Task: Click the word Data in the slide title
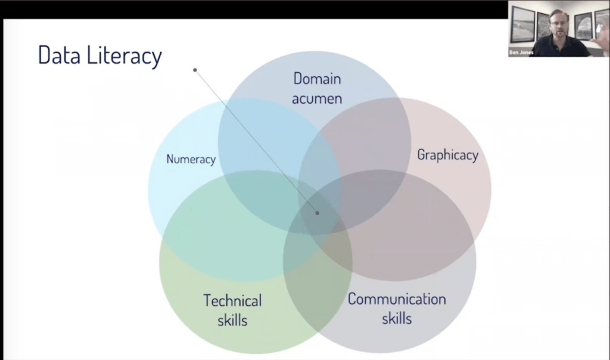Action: pyautogui.click(x=59, y=55)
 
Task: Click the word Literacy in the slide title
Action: pyautogui.click(x=124, y=57)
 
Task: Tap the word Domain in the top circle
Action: pyautogui.click(x=317, y=79)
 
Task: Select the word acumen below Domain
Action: pyautogui.click(x=317, y=98)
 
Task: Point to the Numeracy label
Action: pyautogui.click(x=191, y=159)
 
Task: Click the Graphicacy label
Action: pyautogui.click(x=448, y=155)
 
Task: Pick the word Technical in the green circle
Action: pyautogui.click(x=233, y=301)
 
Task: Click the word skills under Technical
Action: pyautogui.click(x=233, y=320)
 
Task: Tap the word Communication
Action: pyautogui.click(x=397, y=299)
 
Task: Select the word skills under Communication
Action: pyautogui.click(x=397, y=318)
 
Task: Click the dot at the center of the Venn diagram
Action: pyautogui.click(x=318, y=213)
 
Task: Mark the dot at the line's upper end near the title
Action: pyautogui.click(x=195, y=70)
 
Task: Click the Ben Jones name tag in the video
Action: pyautogui.click(x=521, y=52)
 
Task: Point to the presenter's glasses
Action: pyautogui.click(x=559, y=23)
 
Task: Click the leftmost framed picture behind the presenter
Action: pyautogui.click(x=522, y=24)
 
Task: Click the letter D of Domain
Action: pyautogui.click(x=298, y=79)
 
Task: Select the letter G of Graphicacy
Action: pyautogui.click(x=421, y=154)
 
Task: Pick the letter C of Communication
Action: pyautogui.click(x=352, y=299)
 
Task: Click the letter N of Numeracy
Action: pyautogui.click(x=170, y=159)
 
